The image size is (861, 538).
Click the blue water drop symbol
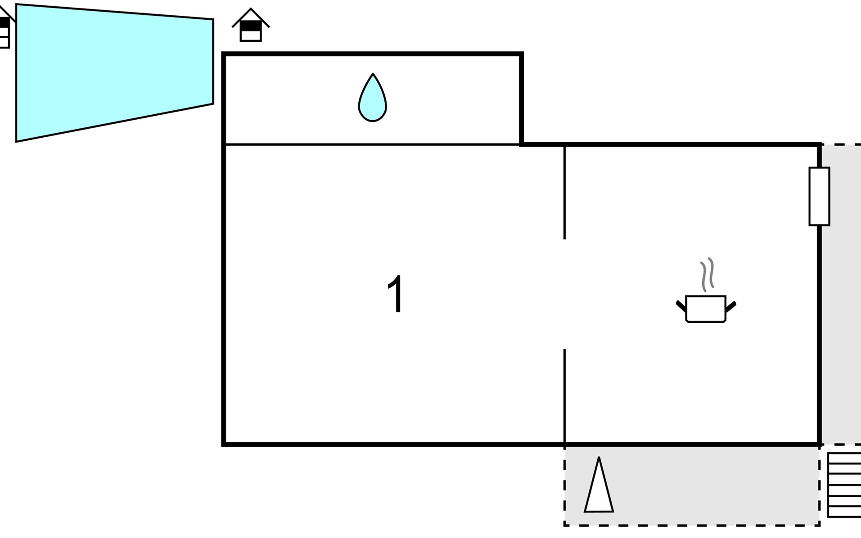click(372, 100)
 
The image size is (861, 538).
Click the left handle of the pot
click(681, 307)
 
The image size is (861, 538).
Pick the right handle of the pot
click(731, 307)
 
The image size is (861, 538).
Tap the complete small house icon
click(251, 25)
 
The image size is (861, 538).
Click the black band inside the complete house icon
click(251, 26)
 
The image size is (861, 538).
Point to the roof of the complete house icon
click(251, 17)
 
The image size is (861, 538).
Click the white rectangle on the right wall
click(819, 196)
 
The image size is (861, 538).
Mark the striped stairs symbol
click(844, 485)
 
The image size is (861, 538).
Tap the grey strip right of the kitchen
click(842, 294)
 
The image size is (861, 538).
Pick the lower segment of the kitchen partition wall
click(565, 396)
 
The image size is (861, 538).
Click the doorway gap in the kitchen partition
click(565, 294)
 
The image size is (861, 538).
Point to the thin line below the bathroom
click(372, 144)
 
